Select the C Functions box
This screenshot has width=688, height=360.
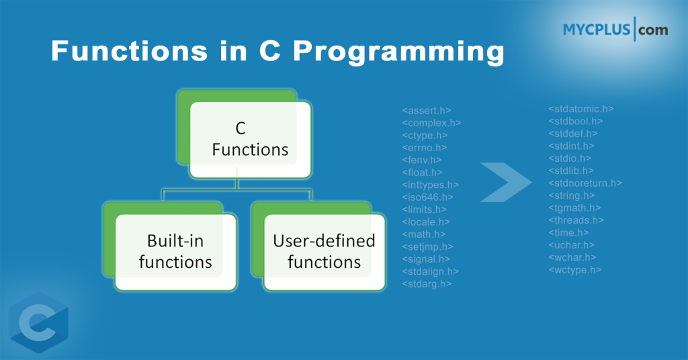[250, 139]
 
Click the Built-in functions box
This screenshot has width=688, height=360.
[175, 251]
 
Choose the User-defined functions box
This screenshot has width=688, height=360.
[325, 251]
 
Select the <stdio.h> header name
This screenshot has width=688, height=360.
[571, 159]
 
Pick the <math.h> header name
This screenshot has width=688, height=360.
[424, 234]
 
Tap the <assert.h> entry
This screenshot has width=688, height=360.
[427, 110]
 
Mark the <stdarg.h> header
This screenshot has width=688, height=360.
[427, 284]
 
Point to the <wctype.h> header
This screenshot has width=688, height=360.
[575, 270]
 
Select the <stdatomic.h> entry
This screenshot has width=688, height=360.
[581, 109]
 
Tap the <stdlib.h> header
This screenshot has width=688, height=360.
[571, 171]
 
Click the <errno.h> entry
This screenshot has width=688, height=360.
[424, 148]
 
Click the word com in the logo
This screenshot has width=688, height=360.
[653, 30]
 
